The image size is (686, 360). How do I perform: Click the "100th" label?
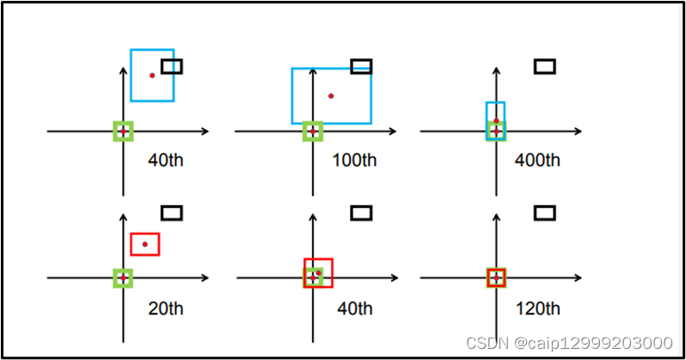(354, 160)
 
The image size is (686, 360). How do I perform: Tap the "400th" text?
(537, 160)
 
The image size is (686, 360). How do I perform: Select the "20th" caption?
(165, 308)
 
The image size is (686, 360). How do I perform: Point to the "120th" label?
(537, 308)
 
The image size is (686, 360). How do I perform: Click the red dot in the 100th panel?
(331, 95)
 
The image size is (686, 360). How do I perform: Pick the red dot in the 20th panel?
(144, 244)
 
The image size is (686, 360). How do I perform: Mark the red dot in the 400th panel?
(496, 120)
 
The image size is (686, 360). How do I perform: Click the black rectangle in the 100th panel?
(361, 66)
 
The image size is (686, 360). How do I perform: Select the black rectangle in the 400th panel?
(544, 66)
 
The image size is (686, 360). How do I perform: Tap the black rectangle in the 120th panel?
(544, 212)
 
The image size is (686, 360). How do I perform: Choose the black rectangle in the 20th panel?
(172, 212)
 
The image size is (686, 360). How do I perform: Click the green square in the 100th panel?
(313, 131)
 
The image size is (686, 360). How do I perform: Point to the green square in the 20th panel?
(124, 278)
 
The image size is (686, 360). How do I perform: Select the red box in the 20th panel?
(144, 244)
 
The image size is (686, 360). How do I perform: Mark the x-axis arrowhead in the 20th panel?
(205, 278)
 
